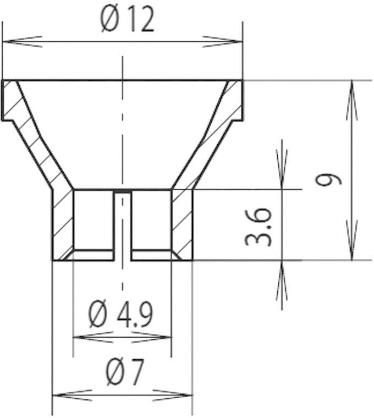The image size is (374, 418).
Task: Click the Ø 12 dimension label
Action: pyautogui.click(x=127, y=20)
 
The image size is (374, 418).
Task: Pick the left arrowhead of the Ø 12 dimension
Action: pyautogui.click(x=22, y=41)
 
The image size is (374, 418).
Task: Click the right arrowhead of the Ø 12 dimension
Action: pyautogui.click(x=223, y=41)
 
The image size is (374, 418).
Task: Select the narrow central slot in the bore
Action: pyautogui.click(x=122, y=226)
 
